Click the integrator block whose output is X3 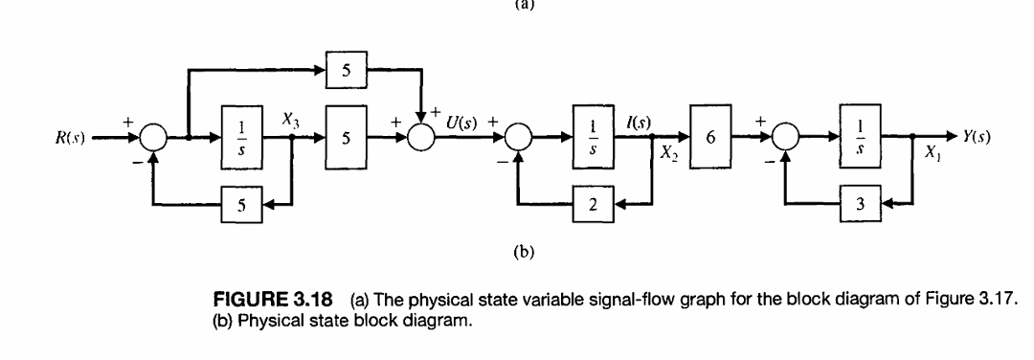242,137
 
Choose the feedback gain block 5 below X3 242,203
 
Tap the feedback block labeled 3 859,203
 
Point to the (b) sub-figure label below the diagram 521,253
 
